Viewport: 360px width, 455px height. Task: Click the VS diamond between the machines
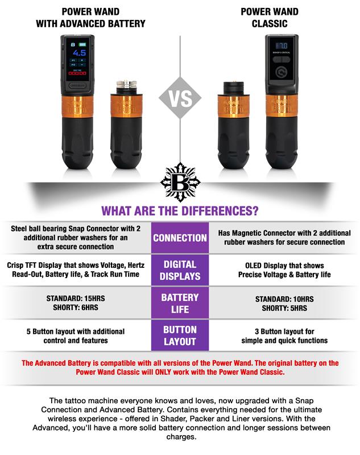pyautogui.click(x=180, y=98)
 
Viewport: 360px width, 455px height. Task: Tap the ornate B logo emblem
pyautogui.click(x=180, y=182)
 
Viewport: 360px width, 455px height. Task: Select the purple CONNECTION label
pyautogui.click(x=180, y=238)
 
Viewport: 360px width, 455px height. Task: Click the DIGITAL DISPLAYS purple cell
pyautogui.click(x=180, y=270)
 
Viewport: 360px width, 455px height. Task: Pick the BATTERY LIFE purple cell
pyautogui.click(x=180, y=303)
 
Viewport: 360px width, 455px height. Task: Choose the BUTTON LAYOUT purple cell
pyautogui.click(x=180, y=336)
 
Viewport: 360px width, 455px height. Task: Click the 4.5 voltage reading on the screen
pyautogui.click(x=79, y=53)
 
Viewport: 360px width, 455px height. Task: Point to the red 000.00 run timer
pyautogui.click(x=77, y=73)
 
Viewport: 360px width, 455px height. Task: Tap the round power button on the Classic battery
pyautogui.click(x=281, y=72)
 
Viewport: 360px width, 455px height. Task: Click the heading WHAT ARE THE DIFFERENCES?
pyautogui.click(x=180, y=210)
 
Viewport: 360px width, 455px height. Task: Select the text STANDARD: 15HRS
pyautogui.click(x=76, y=298)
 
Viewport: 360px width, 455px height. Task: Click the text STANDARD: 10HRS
pyautogui.click(x=284, y=299)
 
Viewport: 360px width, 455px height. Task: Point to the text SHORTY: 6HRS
pyautogui.click(x=76, y=307)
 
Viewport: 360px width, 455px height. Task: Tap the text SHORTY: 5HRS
pyautogui.click(x=284, y=308)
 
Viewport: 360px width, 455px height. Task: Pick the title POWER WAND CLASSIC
pyautogui.click(x=270, y=18)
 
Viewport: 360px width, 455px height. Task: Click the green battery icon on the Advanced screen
pyautogui.click(x=82, y=45)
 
